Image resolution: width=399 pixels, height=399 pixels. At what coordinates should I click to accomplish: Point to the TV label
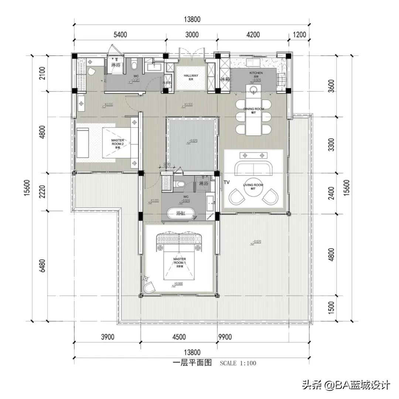click(x=226, y=182)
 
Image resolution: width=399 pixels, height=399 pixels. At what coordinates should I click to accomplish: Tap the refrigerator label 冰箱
click(x=225, y=79)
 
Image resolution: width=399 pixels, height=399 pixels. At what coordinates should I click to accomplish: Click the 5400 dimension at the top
click(x=120, y=35)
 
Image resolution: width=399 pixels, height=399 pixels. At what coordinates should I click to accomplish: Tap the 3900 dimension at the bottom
click(x=108, y=337)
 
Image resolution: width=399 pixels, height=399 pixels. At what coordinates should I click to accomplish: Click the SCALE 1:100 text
click(x=238, y=363)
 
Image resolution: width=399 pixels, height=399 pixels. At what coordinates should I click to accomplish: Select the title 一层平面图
click(x=192, y=362)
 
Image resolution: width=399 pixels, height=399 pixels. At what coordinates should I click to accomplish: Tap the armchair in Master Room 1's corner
click(x=150, y=287)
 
